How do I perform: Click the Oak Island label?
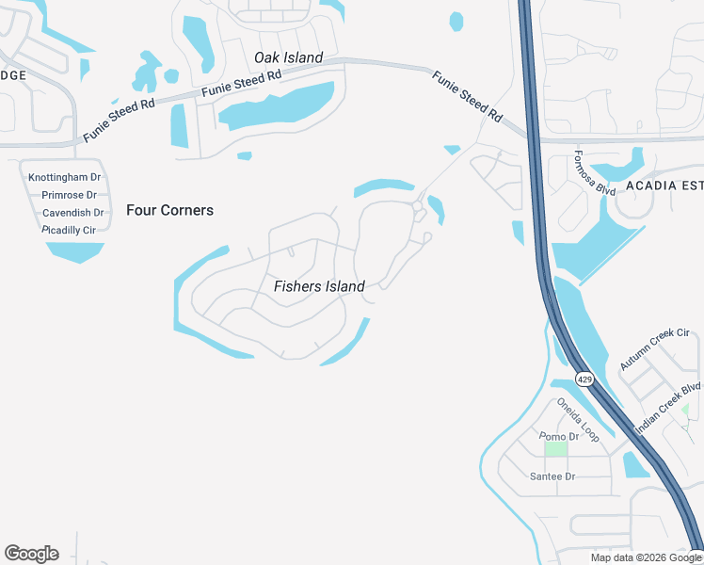pyautogui.click(x=288, y=57)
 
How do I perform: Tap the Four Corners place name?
pyautogui.click(x=169, y=210)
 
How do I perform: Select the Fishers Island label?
pyautogui.click(x=319, y=286)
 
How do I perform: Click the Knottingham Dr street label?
pyautogui.click(x=64, y=177)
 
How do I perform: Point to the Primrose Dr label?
pyautogui.click(x=69, y=195)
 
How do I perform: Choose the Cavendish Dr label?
pyautogui.click(x=72, y=213)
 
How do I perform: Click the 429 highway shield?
pyautogui.click(x=584, y=379)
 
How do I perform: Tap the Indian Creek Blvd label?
pyautogui.click(x=668, y=408)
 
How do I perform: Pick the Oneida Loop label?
pyautogui.click(x=577, y=419)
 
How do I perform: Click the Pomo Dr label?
pyautogui.click(x=559, y=437)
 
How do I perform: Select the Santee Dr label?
pyautogui.click(x=552, y=476)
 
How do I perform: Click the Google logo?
pyautogui.click(x=31, y=554)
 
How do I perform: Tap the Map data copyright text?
pyautogui.click(x=645, y=557)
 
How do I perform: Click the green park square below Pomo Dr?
pyautogui.click(x=556, y=449)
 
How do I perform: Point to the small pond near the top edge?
pyautogui.click(x=456, y=21)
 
